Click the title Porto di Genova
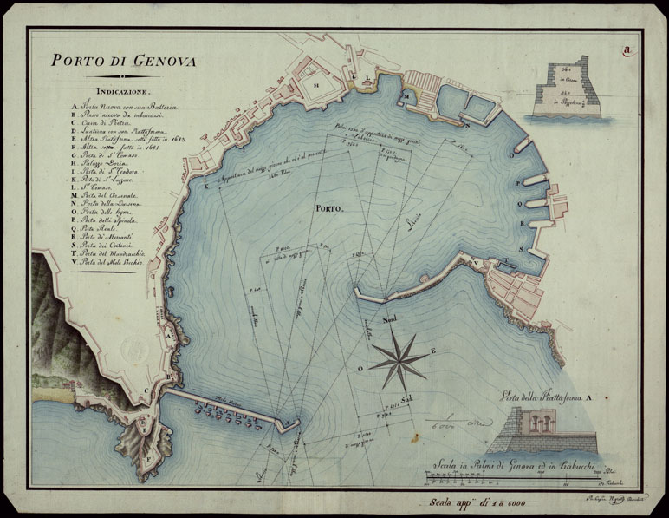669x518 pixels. (122, 62)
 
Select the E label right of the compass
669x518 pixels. (434, 351)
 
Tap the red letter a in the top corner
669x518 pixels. (626, 49)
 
